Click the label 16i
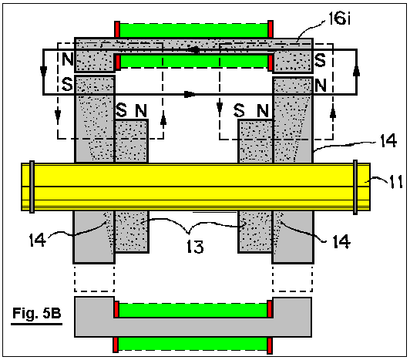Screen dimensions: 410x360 339,19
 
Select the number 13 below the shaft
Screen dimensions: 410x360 195,247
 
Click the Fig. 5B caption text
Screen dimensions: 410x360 37,313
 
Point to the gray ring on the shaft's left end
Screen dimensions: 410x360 32,187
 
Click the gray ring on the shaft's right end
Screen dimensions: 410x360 355,187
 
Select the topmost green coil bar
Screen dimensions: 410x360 193,30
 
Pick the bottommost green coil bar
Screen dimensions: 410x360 193,344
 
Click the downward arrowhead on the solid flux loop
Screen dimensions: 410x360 43,72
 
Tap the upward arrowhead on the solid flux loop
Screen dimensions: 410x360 356,71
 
